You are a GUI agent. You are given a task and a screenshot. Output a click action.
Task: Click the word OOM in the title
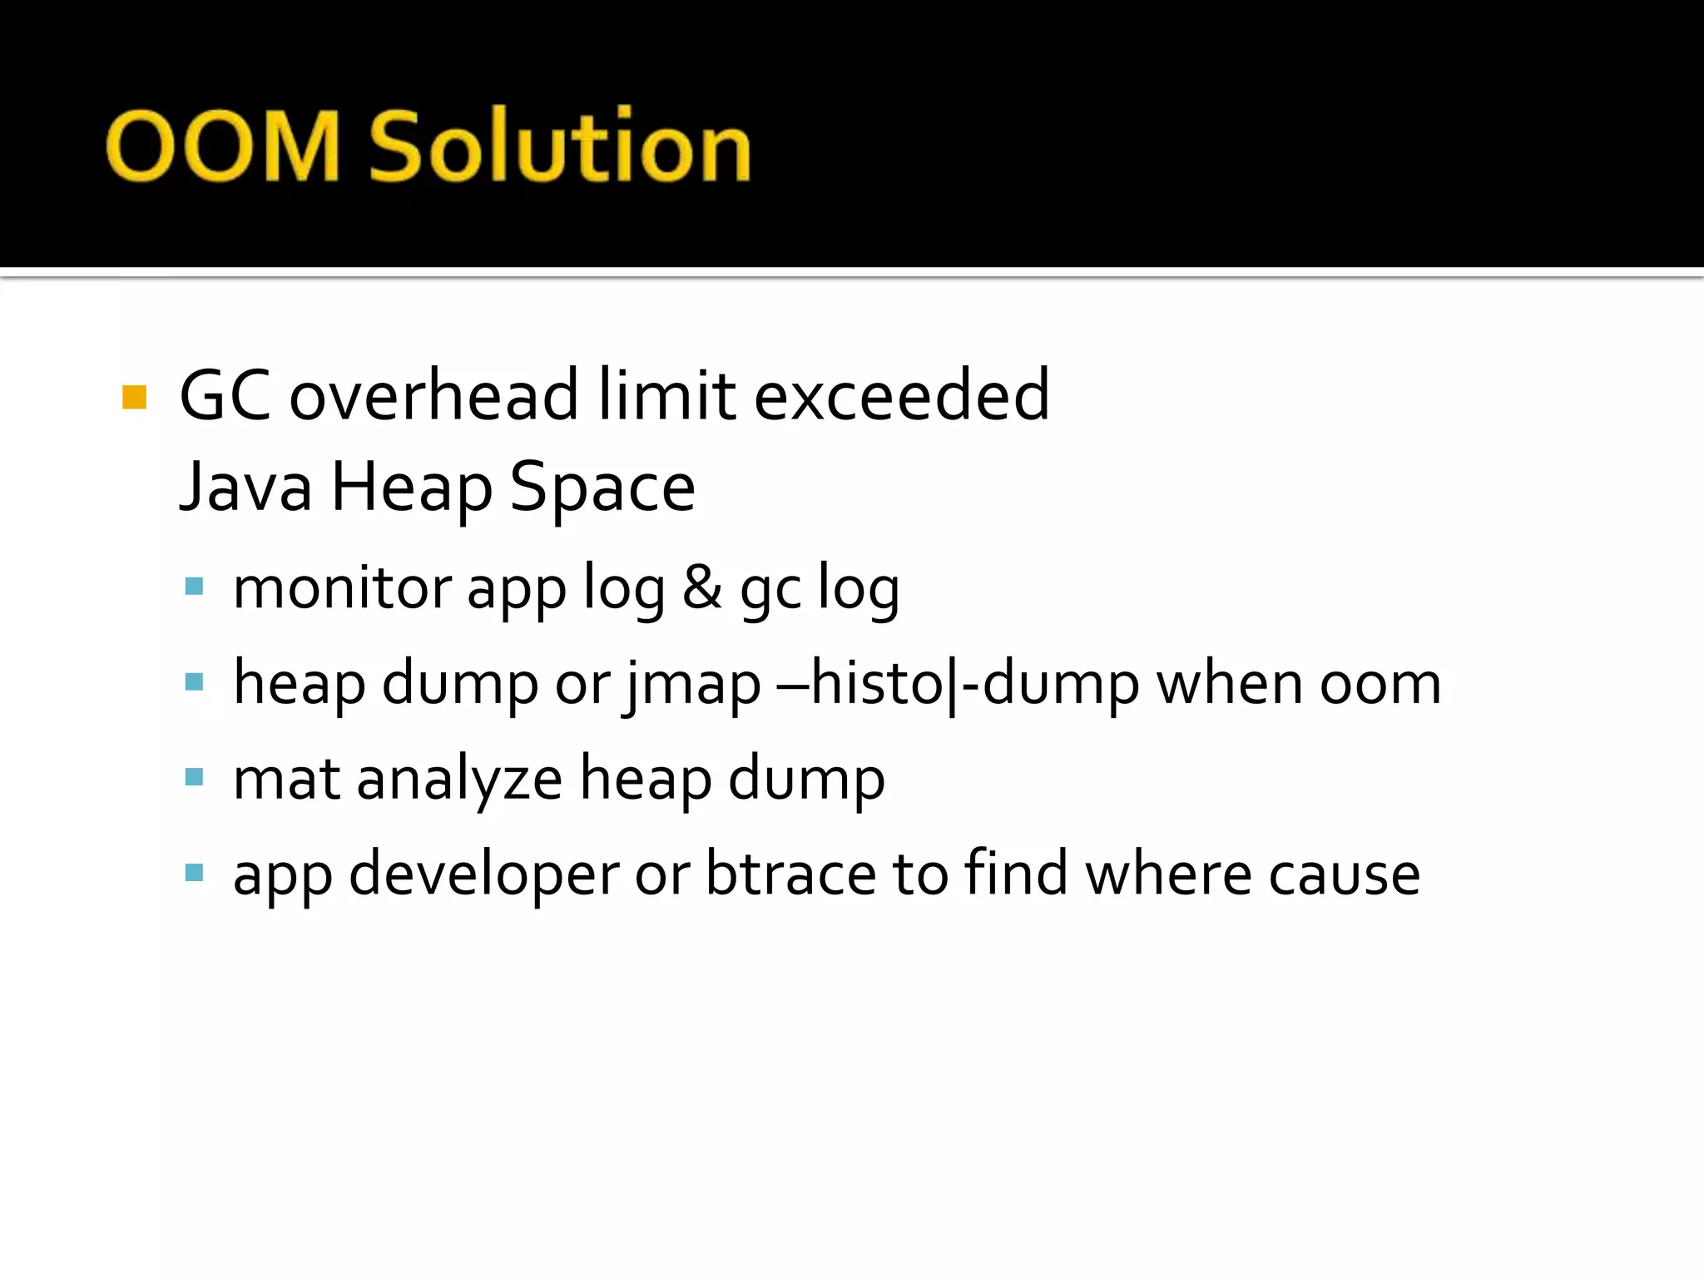223,146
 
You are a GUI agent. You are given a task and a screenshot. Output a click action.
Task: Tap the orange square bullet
134,397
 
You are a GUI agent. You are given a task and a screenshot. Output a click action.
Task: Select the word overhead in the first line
433,395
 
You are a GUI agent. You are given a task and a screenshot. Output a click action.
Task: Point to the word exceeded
901,395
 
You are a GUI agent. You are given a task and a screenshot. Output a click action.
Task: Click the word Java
246,488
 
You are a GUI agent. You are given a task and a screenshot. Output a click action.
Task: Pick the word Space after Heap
602,488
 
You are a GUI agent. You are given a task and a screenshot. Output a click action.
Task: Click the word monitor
342,587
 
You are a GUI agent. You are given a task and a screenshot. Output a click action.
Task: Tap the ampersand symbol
701,587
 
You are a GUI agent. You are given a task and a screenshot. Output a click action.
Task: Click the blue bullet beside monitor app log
194,587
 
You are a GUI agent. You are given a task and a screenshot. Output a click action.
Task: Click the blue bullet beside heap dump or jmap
194,682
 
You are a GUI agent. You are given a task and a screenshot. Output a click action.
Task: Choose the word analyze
459,779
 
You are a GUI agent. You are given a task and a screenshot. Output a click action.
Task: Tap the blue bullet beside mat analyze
194,778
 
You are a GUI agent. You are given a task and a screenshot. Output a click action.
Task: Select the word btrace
790,874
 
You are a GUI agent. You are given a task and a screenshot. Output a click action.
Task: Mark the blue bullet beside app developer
194,873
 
